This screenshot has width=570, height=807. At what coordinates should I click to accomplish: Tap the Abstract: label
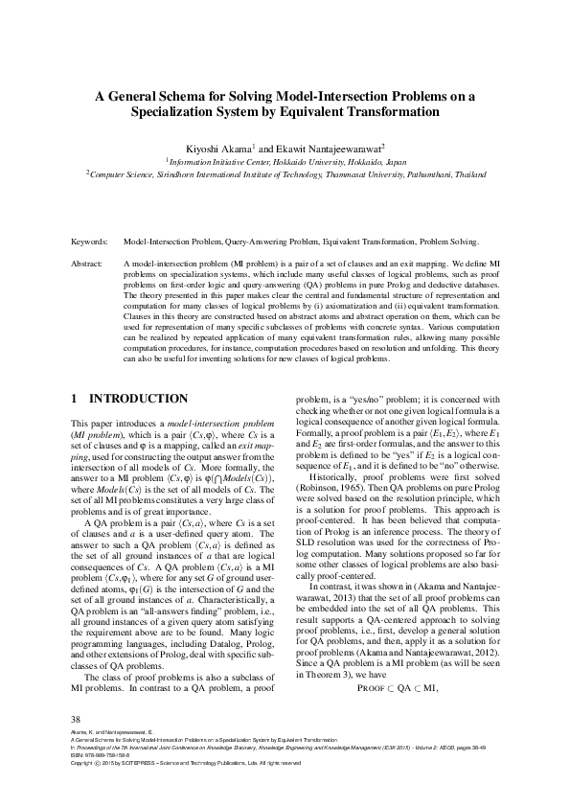click(89, 262)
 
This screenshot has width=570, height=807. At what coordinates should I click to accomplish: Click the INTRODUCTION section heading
click(138, 398)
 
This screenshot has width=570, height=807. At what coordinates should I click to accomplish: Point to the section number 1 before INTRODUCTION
click(75, 398)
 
